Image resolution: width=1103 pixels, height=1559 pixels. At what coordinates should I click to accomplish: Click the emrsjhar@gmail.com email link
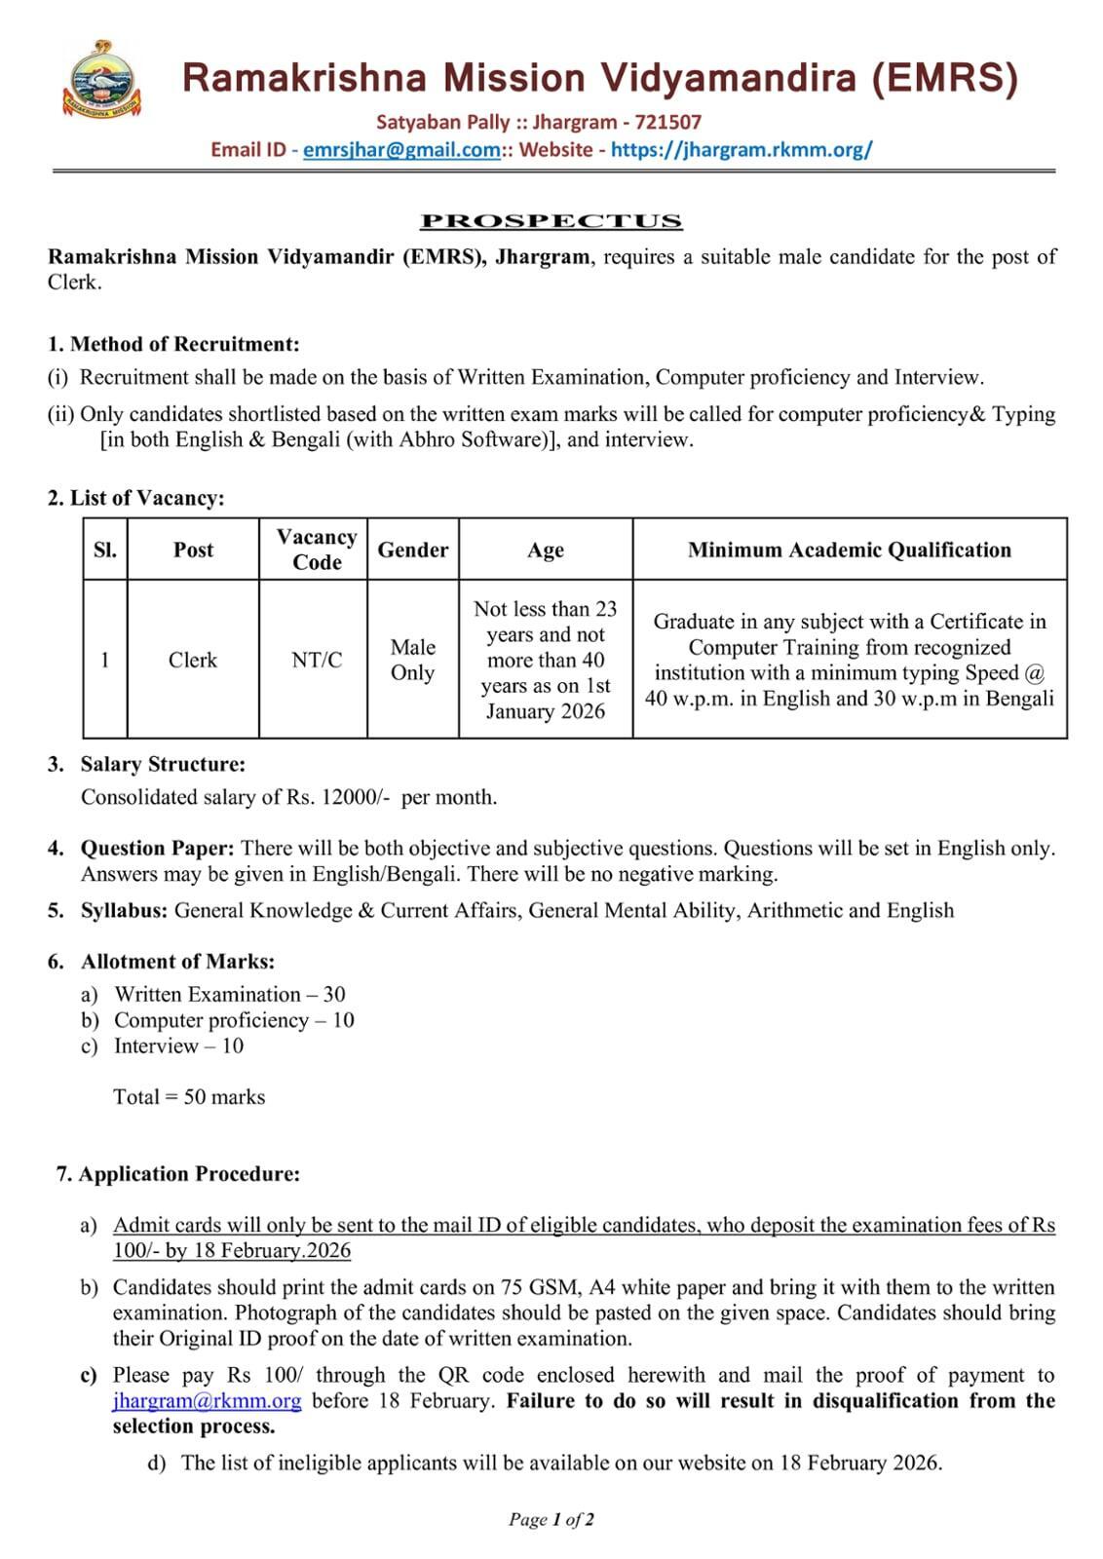pyautogui.click(x=401, y=150)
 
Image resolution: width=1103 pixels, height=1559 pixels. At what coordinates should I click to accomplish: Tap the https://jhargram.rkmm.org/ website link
pyautogui.click(x=742, y=150)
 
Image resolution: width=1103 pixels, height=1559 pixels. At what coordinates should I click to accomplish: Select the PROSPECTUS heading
pyautogui.click(x=551, y=221)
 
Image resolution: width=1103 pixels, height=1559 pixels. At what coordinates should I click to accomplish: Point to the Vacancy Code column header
pyautogui.click(x=317, y=550)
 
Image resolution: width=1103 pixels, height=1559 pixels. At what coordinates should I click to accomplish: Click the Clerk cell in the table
pyautogui.click(x=193, y=661)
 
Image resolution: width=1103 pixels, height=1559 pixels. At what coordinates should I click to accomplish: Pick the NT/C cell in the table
pyautogui.click(x=317, y=661)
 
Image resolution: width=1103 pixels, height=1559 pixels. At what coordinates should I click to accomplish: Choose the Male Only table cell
pyautogui.click(x=412, y=661)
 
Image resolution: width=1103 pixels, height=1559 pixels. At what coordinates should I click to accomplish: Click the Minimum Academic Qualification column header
pyautogui.click(x=849, y=550)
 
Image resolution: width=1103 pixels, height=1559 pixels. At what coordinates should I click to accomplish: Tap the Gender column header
pyautogui.click(x=412, y=550)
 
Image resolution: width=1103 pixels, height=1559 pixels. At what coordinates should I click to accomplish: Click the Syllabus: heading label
pyautogui.click(x=124, y=910)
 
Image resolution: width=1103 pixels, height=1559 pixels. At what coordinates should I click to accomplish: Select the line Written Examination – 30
pyautogui.click(x=229, y=995)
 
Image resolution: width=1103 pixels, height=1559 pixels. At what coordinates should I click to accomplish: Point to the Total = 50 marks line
pyautogui.click(x=189, y=1097)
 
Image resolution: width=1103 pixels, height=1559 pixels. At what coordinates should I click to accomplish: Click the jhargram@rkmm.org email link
pyautogui.click(x=207, y=1401)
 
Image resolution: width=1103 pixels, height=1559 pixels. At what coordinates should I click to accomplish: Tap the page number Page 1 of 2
pyautogui.click(x=551, y=1519)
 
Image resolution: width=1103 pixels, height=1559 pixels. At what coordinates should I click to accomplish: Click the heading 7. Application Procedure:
pyautogui.click(x=177, y=1174)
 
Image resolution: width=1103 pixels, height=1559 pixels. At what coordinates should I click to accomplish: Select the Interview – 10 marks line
pyautogui.click(x=178, y=1046)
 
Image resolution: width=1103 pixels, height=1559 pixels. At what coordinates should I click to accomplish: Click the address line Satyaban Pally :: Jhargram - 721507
pyautogui.click(x=539, y=123)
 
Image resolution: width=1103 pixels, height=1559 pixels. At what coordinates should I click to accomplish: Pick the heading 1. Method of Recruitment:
pyautogui.click(x=173, y=344)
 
